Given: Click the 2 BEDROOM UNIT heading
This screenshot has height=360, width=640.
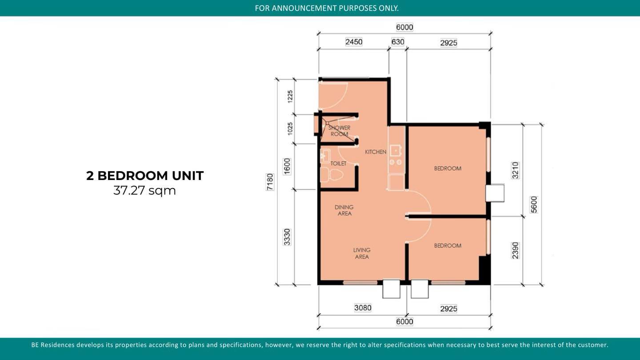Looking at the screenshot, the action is [x=145, y=176].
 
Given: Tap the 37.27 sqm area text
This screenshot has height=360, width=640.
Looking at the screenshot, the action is [x=144, y=191].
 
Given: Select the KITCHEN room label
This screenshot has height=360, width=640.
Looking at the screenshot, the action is [x=376, y=152].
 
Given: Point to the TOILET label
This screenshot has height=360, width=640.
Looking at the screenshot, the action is [x=338, y=164].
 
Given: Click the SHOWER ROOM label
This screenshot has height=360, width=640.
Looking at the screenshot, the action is [x=339, y=131].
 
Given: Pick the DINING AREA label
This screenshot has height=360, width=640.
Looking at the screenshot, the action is [x=344, y=210].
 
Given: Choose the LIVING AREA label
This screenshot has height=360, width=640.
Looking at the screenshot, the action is [x=362, y=253].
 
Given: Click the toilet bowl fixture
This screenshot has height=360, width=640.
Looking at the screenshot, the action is [x=332, y=175].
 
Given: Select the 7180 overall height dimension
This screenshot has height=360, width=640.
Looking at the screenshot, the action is [x=270, y=182].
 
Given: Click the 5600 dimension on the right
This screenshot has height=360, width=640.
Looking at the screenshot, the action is [x=534, y=204].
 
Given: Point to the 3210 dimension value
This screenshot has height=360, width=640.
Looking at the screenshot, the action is [x=515, y=170].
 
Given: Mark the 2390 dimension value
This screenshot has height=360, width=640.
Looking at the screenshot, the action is [x=515, y=251].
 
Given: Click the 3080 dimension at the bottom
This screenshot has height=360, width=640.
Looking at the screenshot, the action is [x=363, y=308].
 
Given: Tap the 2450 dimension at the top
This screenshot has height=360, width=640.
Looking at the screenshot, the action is [x=354, y=42].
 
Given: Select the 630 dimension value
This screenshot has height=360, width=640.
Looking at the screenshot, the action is [x=398, y=42].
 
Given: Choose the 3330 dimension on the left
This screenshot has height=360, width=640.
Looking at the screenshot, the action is [x=287, y=237].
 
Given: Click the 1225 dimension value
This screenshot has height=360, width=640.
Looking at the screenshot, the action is [x=290, y=96].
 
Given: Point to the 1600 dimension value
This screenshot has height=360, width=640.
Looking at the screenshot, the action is [x=287, y=166].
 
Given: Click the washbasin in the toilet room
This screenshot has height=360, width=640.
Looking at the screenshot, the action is [x=325, y=156].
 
